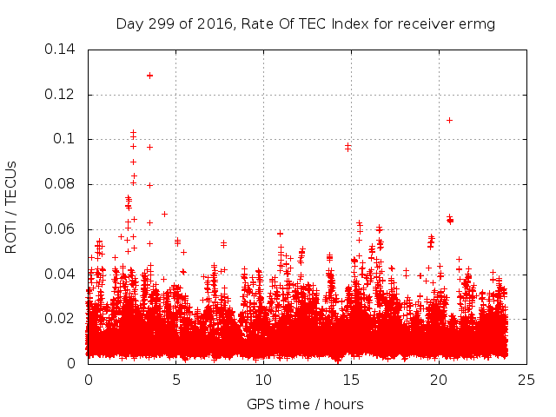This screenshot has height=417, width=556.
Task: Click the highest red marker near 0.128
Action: pos(149,76)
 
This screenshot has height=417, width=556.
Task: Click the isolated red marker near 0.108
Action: pos(449,120)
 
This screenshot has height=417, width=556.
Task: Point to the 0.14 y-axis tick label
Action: pos(61,49)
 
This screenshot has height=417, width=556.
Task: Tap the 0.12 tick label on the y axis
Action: pos(61,94)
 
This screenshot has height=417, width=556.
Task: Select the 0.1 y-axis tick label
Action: pos(65,139)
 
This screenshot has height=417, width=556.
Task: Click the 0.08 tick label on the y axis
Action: pos(61,184)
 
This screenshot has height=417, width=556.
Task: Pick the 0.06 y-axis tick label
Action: pos(61,229)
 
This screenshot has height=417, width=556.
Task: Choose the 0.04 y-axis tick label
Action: pos(61,275)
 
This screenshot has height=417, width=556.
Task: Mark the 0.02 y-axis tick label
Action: pos(61,319)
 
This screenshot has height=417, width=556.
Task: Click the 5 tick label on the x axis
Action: pos(175,381)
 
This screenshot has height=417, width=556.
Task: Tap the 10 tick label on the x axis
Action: pos(263,381)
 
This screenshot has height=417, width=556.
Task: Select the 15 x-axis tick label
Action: pos(351,381)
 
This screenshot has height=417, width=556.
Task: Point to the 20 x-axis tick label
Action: pos(439,381)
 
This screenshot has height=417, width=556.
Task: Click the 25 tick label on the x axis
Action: pos(526,381)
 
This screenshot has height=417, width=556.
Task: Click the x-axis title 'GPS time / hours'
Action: pos(305,404)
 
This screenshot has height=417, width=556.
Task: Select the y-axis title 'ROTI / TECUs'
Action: pos(11,207)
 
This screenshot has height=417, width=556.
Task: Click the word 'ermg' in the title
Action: pos(477,24)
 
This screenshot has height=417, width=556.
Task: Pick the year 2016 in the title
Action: pos(206,24)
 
